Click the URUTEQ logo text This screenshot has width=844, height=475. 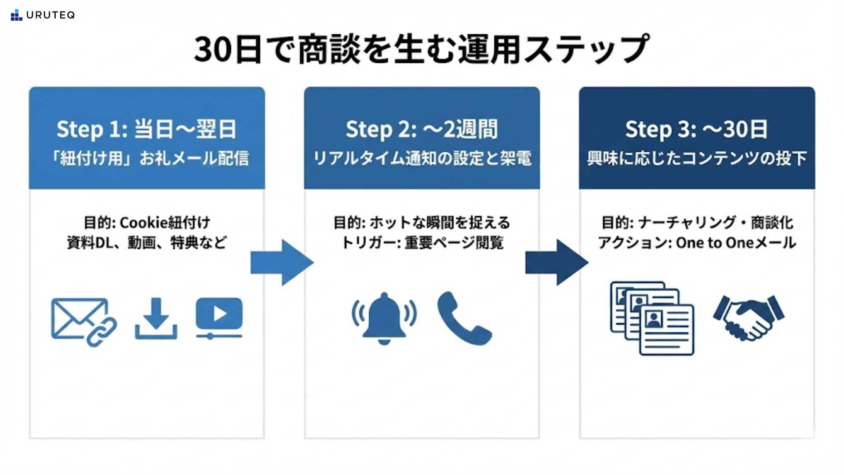tap(50, 15)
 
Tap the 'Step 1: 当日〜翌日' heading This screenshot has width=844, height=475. tap(147, 129)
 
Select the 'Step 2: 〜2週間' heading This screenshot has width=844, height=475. tap(422, 129)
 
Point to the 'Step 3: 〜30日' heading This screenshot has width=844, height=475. tap(696, 129)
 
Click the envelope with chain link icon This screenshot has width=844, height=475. tap(84, 322)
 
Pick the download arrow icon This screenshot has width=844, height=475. tap(156, 319)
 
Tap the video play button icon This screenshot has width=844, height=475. tap(219, 318)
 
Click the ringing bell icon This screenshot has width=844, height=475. tap(384, 318)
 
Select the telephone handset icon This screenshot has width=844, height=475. tap(464, 318)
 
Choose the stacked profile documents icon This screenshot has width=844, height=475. tap(652, 318)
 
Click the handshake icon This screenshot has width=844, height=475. tap(748, 318)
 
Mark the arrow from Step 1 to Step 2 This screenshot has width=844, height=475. tap(282, 263)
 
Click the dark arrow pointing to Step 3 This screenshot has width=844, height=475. tap(557, 263)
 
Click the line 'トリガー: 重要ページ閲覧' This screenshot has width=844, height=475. tap(422, 243)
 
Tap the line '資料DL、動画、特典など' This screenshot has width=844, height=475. tap(147, 243)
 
